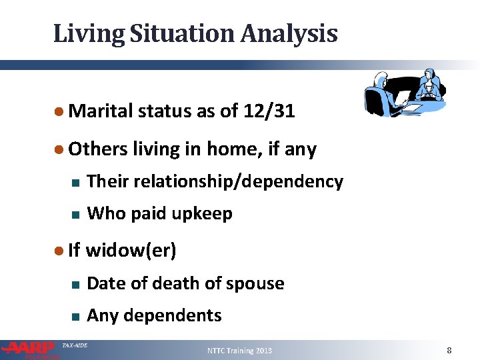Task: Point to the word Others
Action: [97, 149]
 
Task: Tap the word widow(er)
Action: [131, 251]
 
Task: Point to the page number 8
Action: [449, 350]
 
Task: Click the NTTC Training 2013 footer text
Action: [240, 351]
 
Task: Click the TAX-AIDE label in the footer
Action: [74, 345]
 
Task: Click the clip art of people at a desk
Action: [406, 91]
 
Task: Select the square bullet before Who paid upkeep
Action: [75, 215]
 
